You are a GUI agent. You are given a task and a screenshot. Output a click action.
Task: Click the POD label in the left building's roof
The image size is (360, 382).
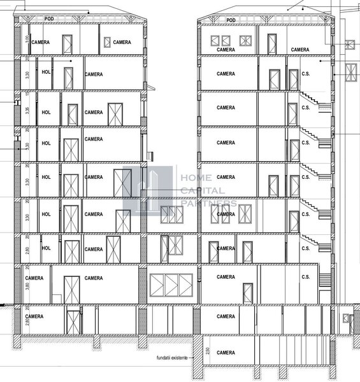(48, 19)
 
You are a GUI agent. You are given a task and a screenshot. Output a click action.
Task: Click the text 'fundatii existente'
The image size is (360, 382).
(172, 359)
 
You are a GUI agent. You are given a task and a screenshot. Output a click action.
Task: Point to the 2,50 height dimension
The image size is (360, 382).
(207, 351)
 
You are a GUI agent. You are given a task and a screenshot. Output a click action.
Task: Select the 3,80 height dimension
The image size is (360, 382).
(26, 286)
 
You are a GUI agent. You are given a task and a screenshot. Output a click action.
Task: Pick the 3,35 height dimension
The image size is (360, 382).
(26, 109)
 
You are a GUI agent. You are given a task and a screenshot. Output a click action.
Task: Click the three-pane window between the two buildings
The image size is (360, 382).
(170, 283)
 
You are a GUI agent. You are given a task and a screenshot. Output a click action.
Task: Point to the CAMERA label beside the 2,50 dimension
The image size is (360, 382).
(226, 351)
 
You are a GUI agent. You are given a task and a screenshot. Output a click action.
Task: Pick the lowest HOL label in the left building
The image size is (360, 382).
(46, 248)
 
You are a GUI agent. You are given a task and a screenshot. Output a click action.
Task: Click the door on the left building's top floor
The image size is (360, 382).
(68, 45)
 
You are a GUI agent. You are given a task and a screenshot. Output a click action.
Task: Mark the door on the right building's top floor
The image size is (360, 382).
(272, 45)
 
